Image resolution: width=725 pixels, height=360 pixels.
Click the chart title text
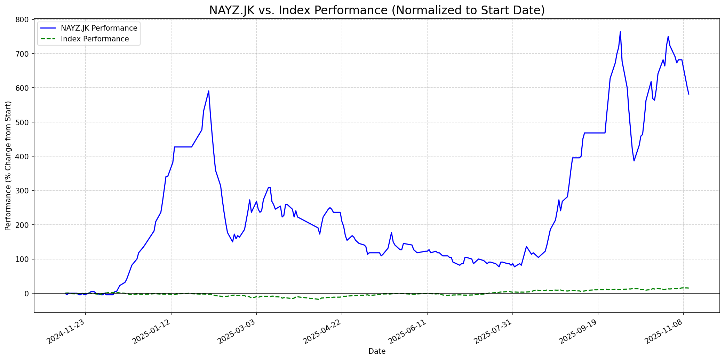click(x=377, y=10)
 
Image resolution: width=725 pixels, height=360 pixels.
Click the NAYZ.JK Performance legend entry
click(x=99, y=28)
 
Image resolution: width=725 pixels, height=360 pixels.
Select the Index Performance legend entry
click(x=95, y=39)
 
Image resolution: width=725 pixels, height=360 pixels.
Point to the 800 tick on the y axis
click(x=24, y=19)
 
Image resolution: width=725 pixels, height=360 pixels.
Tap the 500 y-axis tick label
click(x=24, y=122)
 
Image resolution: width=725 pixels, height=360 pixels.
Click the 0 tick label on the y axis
click(x=28, y=294)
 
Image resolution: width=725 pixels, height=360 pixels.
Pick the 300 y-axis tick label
click(x=24, y=191)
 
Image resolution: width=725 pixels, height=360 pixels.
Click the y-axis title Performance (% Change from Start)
click(x=8, y=166)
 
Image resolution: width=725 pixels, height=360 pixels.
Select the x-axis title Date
click(x=377, y=352)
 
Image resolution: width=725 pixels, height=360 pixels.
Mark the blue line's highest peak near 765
click(x=620, y=32)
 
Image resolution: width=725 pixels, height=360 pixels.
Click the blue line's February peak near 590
click(x=208, y=91)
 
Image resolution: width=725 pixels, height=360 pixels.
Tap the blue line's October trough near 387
click(x=634, y=161)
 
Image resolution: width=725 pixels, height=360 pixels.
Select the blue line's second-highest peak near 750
click(x=668, y=37)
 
